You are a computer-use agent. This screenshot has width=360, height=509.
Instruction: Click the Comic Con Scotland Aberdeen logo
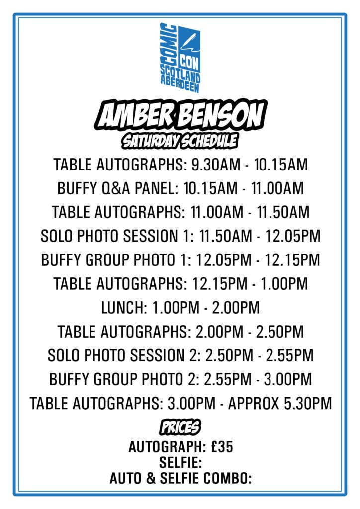180,58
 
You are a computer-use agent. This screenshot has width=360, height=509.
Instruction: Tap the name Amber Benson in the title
180,116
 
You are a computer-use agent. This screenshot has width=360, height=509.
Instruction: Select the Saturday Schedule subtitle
180,141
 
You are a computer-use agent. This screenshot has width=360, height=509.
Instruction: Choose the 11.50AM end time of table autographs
283,212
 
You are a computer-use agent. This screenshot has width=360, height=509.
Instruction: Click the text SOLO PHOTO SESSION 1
117,236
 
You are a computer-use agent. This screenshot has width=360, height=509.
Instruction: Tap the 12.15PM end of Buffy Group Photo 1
292,259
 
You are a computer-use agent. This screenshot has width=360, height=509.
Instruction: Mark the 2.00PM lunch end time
236,307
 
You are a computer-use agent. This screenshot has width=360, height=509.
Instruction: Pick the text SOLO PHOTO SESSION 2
124,355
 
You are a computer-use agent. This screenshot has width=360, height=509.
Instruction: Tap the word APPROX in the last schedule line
254,403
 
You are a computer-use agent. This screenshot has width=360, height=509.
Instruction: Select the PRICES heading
180,427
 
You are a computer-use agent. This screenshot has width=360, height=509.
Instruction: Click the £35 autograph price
222,447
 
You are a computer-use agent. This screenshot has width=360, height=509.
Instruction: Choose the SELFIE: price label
180,463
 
